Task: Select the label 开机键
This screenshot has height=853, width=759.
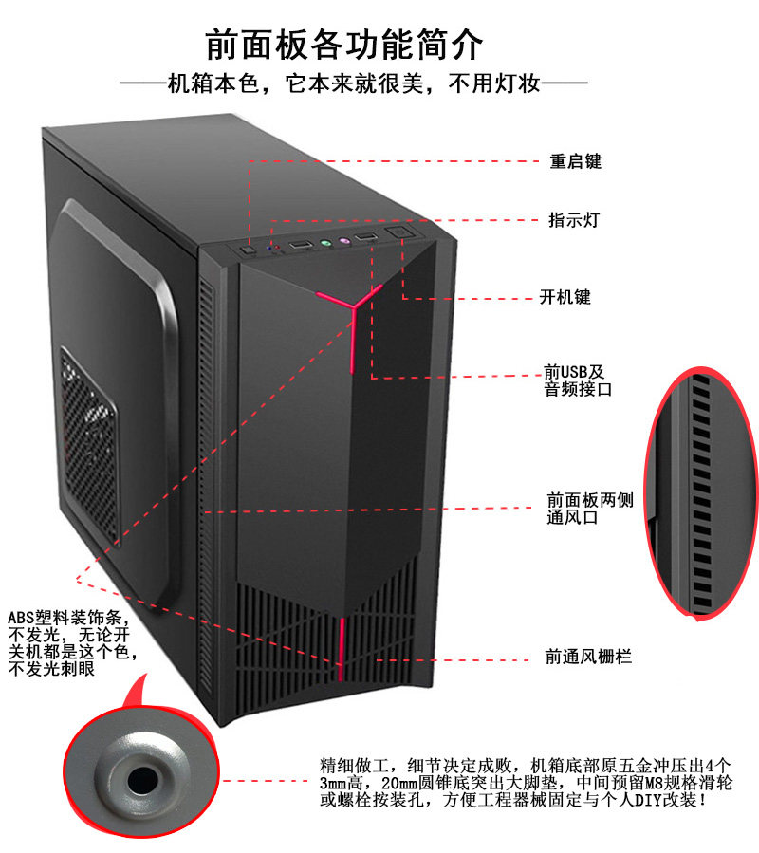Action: click(565, 297)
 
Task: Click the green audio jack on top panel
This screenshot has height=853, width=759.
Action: click(325, 245)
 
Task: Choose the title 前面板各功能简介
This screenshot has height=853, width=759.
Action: click(344, 46)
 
